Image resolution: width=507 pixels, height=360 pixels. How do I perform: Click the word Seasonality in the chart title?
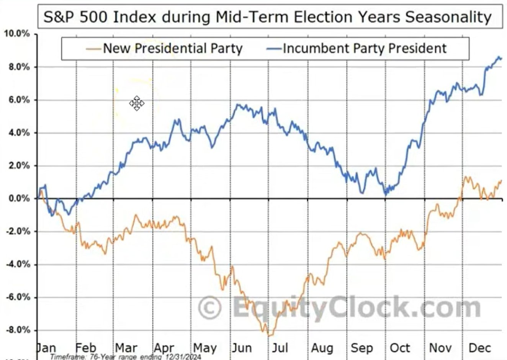[x=448, y=17]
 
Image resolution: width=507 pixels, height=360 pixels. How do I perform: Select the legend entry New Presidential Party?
[x=173, y=49]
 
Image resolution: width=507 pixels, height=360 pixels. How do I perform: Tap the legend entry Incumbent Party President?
[x=365, y=49]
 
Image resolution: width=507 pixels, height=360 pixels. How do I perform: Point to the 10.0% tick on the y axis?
[x=17, y=34]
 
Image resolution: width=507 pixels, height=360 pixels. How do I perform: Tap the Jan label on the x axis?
[x=46, y=348]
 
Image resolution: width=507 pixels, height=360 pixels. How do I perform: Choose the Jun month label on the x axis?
[x=242, y=348]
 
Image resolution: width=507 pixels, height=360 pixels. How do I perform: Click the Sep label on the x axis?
[x=361, y=348]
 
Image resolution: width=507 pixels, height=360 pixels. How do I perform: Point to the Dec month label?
[x=479, y=348]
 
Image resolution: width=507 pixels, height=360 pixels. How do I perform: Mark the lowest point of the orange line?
[x=269, y=336]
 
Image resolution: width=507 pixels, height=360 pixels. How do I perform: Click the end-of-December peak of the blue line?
[x=499, y=57]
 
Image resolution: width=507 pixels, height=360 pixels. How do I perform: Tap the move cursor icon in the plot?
[x=137, y=103]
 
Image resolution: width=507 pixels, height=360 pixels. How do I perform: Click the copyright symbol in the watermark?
[x=210, y=308]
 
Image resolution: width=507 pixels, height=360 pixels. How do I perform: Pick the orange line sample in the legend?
[x=94, y=49]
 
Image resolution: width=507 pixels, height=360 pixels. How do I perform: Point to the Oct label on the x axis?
[x=400, y=348]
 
